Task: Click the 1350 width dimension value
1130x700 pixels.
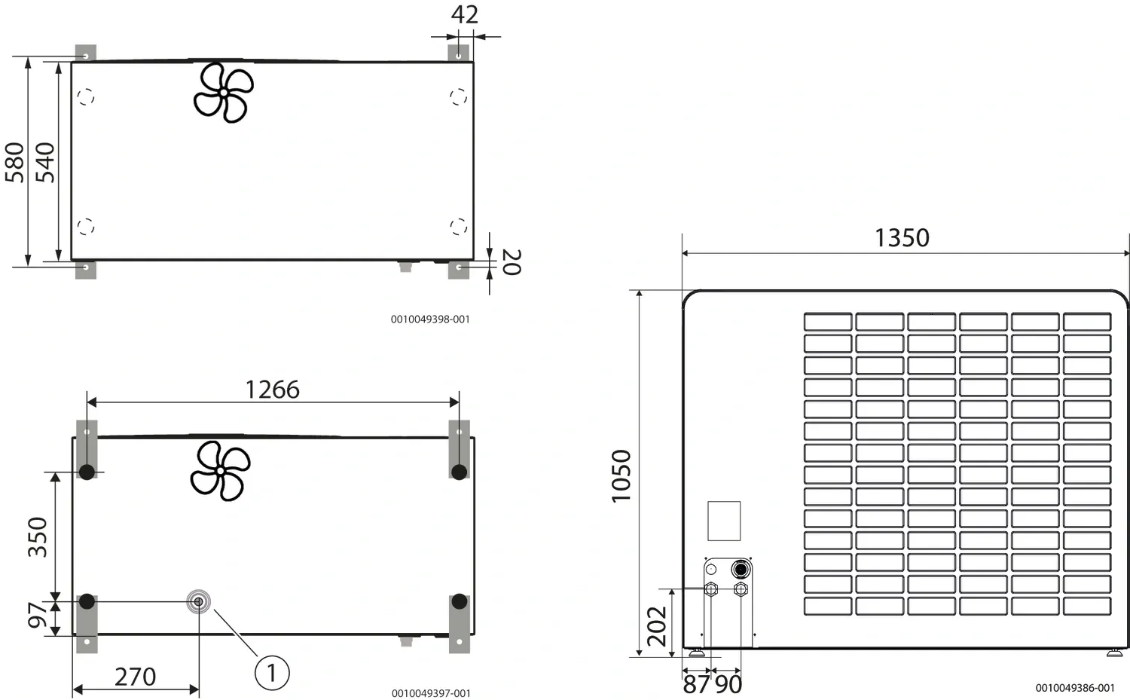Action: pos(902,237)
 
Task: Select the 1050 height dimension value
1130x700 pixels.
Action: pos(621,476)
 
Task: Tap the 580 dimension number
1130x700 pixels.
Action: pos(14,163)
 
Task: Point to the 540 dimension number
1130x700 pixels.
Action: pos(45,163)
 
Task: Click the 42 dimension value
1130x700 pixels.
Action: pos(465,14)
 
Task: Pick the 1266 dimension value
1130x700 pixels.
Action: pos(273,390)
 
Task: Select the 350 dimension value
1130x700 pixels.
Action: pos(38,537)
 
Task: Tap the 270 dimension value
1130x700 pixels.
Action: pos(135,677)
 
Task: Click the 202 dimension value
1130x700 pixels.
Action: pos(657,626)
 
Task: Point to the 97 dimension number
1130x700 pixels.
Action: pos(38,615)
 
